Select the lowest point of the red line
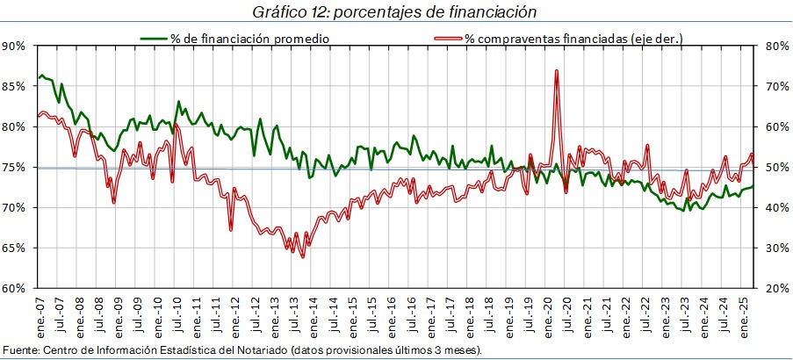point(302,256)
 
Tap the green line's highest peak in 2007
point(41,76)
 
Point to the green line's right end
point(753,185)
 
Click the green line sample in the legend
point(155,39)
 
